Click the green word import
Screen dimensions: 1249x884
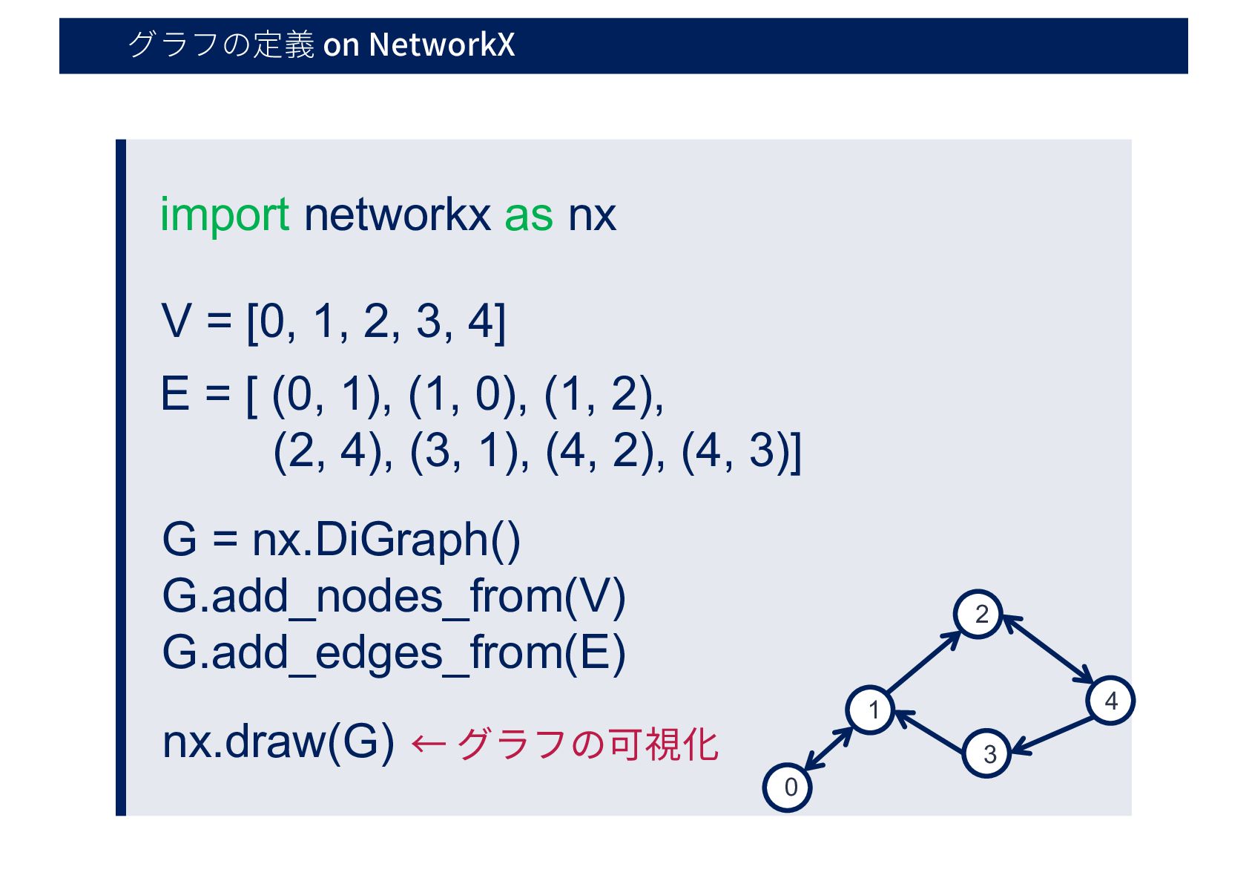click(x=224, y=215)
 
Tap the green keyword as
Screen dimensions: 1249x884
click(x=528, y=215)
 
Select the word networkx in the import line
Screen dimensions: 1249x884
click(x=397, y=215)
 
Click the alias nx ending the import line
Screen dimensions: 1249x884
click(x=592, y=215)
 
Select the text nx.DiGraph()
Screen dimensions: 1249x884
click(x=386, y=540)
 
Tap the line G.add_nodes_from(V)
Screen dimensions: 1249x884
click(x=393, y=596)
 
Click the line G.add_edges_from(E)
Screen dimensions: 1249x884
click(x=393, y=653)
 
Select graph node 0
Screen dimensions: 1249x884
click(x=787, y=787)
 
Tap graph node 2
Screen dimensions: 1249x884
click(x=978, y=615)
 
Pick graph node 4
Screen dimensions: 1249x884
click(x=1110, y=700)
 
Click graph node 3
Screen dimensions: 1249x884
click(x=987, y=754)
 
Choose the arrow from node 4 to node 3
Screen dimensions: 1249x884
click(x=1053, y=736)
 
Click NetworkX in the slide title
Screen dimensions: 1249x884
click(x=441, y=45)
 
